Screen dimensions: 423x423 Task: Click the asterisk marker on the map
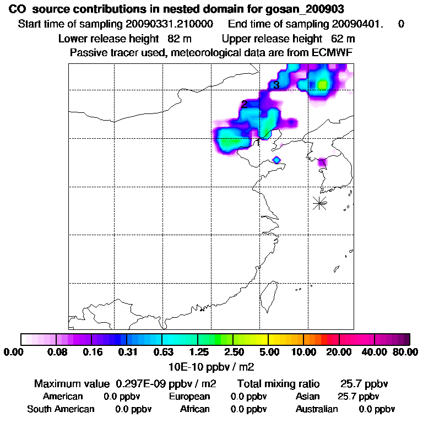pyautogui.click(x=319, y=203)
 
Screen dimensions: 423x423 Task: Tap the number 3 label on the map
pyautogui.click(x=276, y=85)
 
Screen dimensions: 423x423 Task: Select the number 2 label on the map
pyautogui.click(x=244, y=104)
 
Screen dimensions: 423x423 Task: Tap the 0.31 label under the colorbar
pyautogui.click(x=127, y=352)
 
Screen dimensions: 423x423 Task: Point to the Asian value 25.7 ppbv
pyautogui.click(x=358, y=397)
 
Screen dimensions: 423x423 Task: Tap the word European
pyautogui.click(x=189, y=397)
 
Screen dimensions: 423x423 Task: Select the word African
pyautogui.click(x=194, y=409)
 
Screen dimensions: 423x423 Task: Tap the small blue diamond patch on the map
pyautogui.click(x=277, y=160)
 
